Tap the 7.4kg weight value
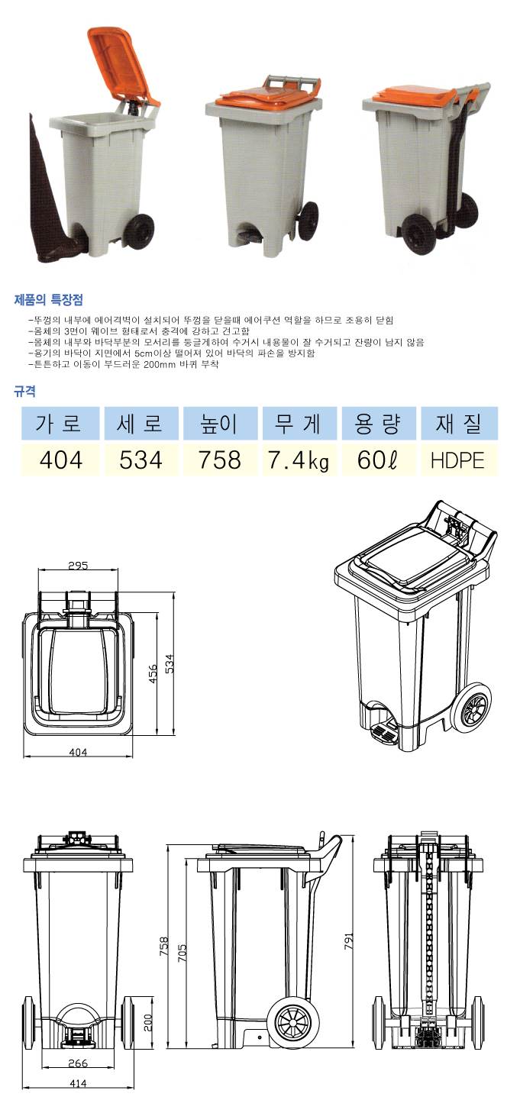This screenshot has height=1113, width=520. point(299,461)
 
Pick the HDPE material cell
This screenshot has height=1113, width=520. point(458,461)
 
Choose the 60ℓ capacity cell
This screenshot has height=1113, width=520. point(378,461)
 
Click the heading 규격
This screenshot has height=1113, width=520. point(24,392)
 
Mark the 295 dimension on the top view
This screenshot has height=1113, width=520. point(77,566)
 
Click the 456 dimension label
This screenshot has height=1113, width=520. point(153,668)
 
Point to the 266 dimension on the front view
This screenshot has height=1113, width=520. point(78,1063)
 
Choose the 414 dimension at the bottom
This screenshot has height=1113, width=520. point(78,1083)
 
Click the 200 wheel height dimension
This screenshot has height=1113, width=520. point(149,1020)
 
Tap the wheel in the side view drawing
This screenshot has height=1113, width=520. point(289,1020)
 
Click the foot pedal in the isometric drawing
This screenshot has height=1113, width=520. point(384,734)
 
